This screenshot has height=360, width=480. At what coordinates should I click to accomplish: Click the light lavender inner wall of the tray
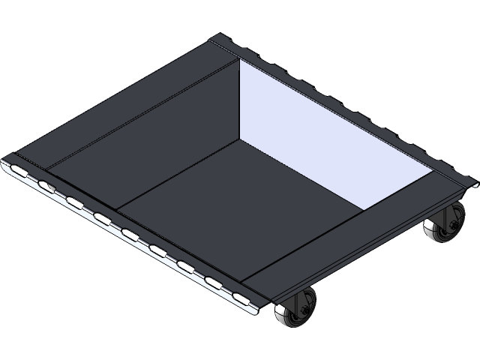[315, 127]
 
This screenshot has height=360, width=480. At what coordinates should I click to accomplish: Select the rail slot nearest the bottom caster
[240, 297]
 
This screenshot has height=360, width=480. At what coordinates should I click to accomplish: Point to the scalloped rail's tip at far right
[474, 181]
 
